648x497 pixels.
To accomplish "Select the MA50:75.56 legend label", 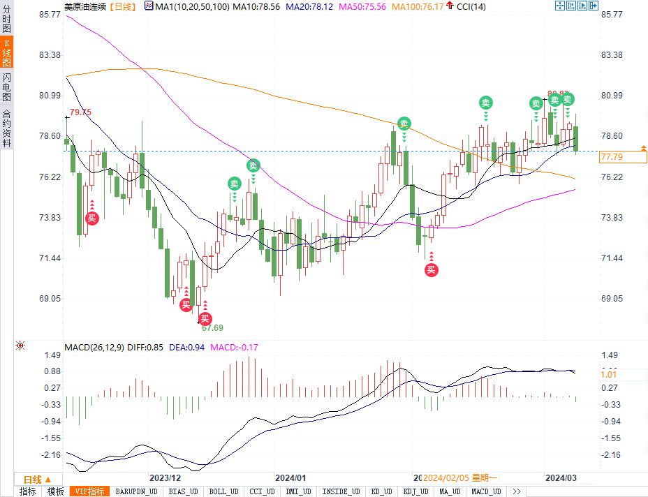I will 362,6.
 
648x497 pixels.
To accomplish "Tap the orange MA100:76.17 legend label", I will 418,6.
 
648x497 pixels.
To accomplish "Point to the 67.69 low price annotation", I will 212,327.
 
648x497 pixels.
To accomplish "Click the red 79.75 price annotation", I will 80,112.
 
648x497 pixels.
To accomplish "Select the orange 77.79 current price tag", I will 611,158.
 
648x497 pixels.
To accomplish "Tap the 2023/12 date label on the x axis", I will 165,478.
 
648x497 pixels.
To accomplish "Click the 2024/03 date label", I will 561,478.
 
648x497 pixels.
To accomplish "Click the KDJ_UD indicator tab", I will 416,491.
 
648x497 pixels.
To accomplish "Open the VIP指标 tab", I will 90,491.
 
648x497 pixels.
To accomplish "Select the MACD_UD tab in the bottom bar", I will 485,491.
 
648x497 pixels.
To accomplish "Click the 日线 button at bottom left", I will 37,480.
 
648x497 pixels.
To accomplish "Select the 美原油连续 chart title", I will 85,6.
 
